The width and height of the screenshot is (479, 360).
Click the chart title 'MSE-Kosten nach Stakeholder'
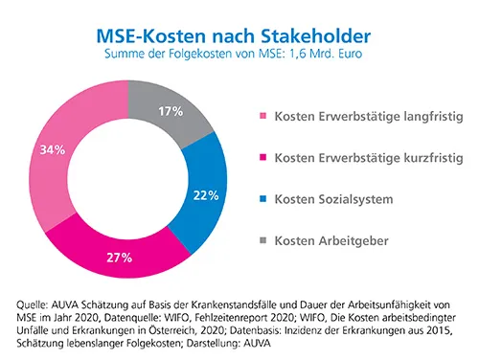point(239,35)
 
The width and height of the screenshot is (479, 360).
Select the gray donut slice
point(182,120)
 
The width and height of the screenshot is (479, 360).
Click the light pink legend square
point(263,117)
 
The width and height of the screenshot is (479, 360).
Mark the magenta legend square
point(263,157)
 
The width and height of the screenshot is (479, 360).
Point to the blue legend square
point(263,196)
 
